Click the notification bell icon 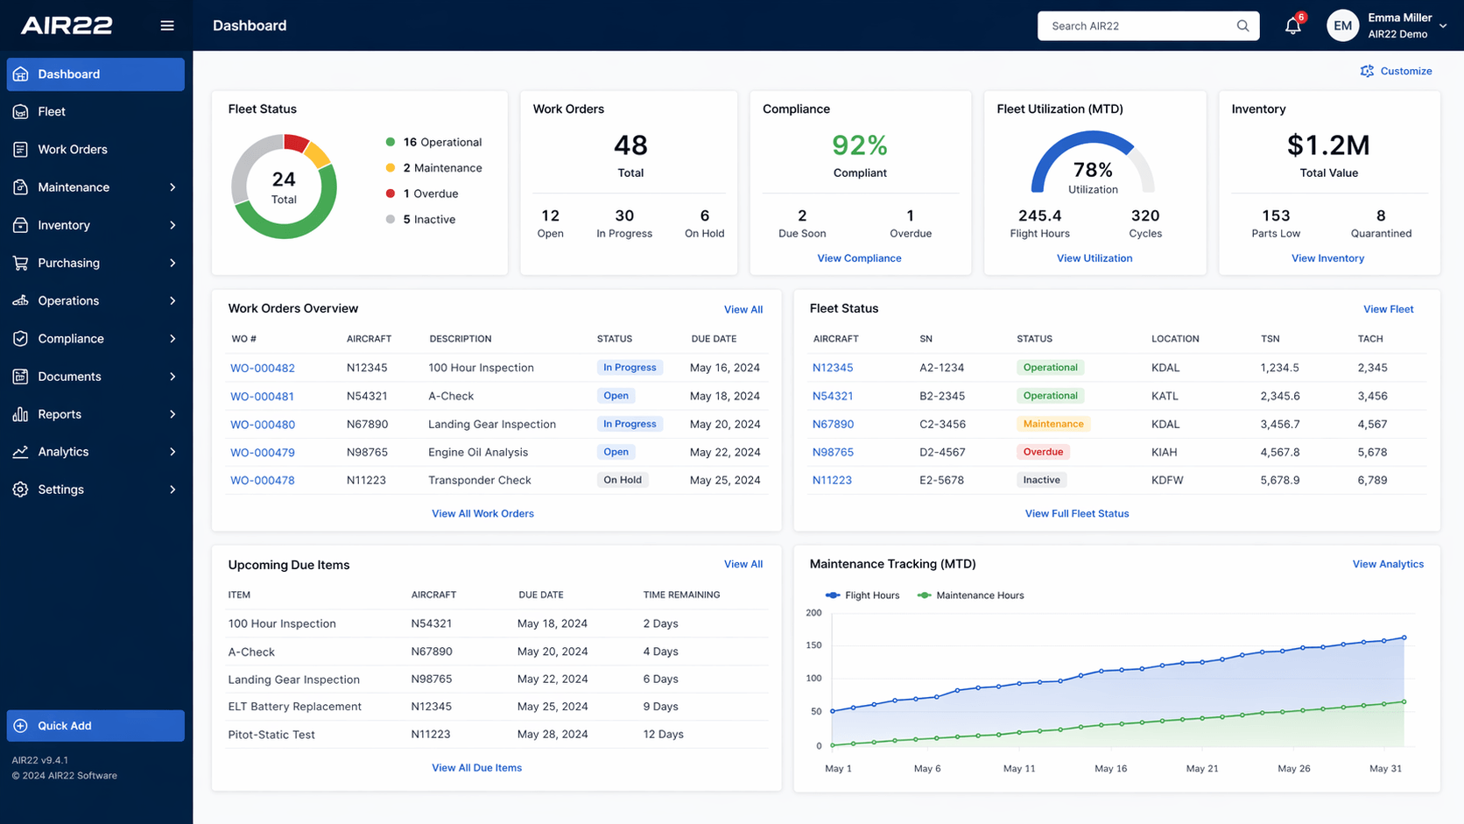point(1292,26)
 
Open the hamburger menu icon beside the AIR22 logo point(167,25)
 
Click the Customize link point(1396,71)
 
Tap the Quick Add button point(95,725)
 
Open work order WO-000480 point(262,424)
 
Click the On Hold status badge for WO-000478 point(623,480)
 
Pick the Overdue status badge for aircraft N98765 point(1043,452)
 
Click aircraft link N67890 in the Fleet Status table point(833,424)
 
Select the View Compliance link point(859,258)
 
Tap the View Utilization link point(1094,258)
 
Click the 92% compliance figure point(860,145)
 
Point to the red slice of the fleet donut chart point(297,143)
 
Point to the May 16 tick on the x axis point(1110,769)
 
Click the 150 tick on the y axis point(813,645)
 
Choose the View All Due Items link point(476,768)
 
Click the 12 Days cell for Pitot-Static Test point(663,734)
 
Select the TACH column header point(1370,339)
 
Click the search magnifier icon point(1242,25)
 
